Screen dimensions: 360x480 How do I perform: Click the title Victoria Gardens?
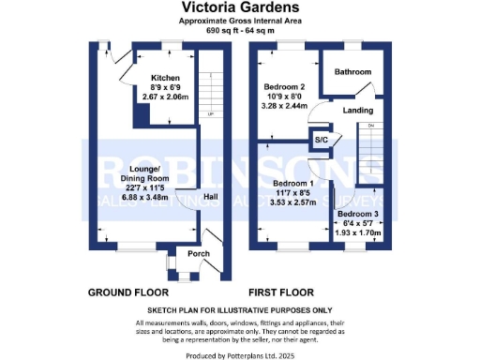[240, 7]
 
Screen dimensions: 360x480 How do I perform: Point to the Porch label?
[199, 254]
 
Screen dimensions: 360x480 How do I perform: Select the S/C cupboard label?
[321, 140]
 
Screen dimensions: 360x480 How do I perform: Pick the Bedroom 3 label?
[357, 215]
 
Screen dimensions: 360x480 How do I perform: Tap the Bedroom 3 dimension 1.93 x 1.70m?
[357, 232]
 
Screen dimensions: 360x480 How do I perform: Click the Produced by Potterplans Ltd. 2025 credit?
[240, 353]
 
